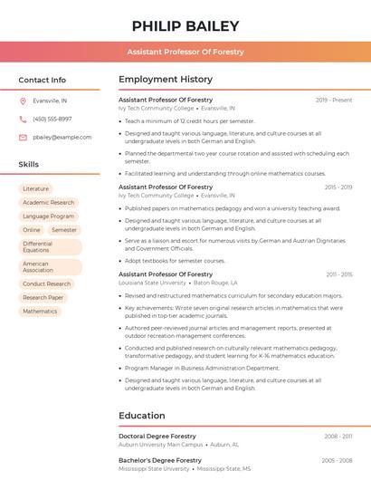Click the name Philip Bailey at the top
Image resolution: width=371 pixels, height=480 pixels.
[185, 26]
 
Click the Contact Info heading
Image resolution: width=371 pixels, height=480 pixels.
[43, 80]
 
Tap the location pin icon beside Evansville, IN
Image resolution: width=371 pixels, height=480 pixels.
[23, 101]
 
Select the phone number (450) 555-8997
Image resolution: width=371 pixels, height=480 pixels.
[52, 119]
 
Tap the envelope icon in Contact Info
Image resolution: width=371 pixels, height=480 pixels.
[23, 137]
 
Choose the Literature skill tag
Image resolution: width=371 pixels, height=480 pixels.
[36, 188]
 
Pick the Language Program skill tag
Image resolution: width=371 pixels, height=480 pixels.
[49, 216]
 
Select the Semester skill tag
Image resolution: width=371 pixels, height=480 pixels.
[64, 230]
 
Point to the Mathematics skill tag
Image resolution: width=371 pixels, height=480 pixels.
[40, 312]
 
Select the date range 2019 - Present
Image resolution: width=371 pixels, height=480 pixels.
[334, 100]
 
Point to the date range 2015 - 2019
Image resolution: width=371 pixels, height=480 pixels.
[338, 187]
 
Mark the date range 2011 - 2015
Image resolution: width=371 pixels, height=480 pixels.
[339, 274]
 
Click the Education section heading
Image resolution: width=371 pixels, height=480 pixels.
[141, 416]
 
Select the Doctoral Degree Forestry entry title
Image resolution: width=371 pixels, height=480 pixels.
[157, 437]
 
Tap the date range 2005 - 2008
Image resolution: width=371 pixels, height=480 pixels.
[338, 461]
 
